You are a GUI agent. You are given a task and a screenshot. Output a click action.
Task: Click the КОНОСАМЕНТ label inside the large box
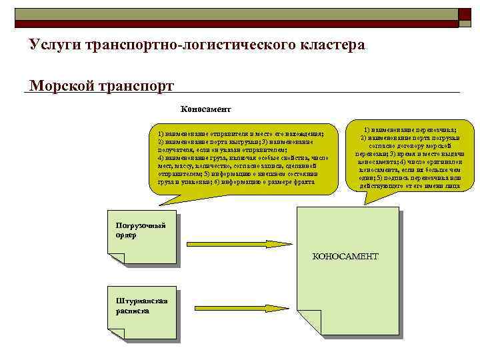[x=345, y=256]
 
